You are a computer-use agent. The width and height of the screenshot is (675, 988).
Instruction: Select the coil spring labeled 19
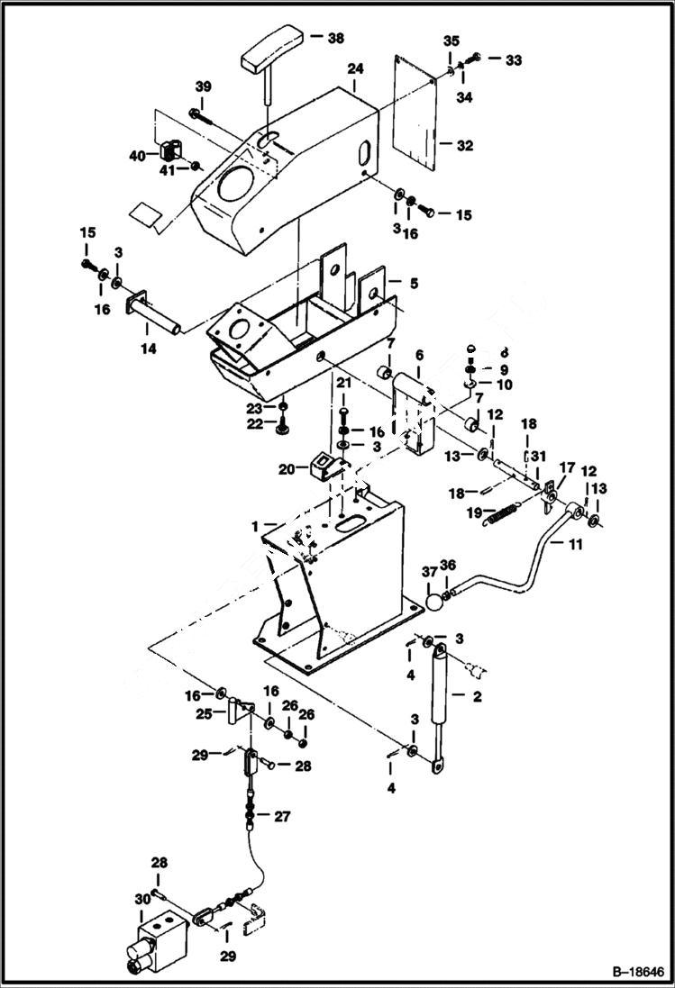coord(502,514)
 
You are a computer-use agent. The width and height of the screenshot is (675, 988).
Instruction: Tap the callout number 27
coord(283,818)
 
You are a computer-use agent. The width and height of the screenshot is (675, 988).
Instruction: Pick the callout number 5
coord(413,283)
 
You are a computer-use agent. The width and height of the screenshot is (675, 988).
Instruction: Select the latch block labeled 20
coord(324,467)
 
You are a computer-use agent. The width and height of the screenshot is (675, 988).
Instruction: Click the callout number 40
coord(136,156)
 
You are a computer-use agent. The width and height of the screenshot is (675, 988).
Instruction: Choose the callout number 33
coord(513,59)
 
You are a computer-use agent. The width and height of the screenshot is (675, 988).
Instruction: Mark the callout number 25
coord(204,714)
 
